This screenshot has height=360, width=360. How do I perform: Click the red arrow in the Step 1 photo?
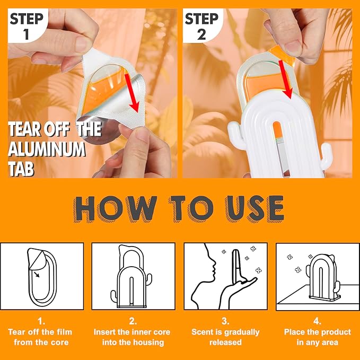132,93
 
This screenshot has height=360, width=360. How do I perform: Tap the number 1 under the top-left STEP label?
26,34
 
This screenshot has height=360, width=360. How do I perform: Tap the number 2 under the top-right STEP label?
201,34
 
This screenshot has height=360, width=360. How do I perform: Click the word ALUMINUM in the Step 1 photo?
47,149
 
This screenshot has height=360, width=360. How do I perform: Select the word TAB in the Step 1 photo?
21,169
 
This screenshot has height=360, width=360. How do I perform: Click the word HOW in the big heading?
115,209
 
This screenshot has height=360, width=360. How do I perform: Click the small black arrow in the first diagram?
37,274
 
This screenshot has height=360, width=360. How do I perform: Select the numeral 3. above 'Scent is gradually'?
225,321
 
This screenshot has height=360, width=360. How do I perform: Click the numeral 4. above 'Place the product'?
317,321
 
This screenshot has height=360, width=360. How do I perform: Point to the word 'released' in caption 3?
225,343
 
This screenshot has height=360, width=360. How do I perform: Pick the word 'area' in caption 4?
329,343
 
